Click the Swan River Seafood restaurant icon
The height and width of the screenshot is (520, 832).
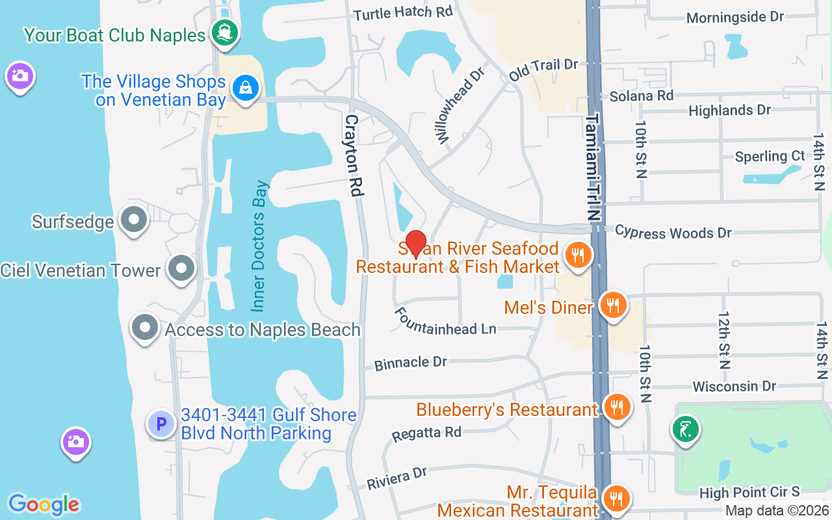(577, 255)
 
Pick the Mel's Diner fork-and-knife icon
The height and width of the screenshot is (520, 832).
(612, 304)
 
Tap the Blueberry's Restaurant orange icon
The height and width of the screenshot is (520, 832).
(616, 408)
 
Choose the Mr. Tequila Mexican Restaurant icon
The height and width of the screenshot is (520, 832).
(615, 499)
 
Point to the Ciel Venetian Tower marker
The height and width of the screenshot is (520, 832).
(181, 268)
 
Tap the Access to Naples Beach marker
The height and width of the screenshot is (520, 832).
(144, 328)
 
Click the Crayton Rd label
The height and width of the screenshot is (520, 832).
(353, 156)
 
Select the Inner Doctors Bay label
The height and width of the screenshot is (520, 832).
(259, 245)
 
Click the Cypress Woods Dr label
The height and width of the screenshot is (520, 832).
(673, 231)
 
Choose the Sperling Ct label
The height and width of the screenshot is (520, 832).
(770, 157)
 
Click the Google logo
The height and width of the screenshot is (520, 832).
(44, 504)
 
